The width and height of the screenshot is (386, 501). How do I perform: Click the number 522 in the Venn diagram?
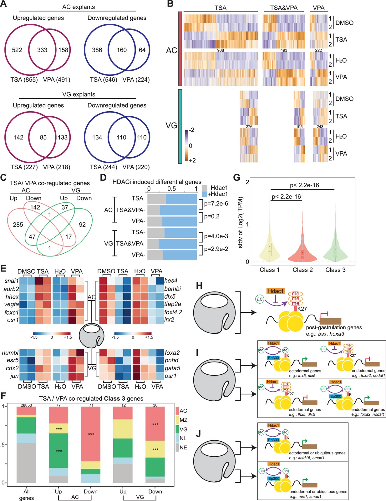tap(17, 50)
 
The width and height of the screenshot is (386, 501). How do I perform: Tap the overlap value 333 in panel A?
tap(42, 50)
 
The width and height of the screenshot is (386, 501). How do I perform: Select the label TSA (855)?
tap(24, 80)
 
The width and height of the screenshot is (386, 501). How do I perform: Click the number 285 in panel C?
tap(18, 224)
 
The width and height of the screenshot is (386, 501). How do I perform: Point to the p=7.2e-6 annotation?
tap(216, 204)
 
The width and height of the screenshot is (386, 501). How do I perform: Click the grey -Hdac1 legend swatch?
tap(205, 188)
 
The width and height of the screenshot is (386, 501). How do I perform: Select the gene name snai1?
tap(12, 281)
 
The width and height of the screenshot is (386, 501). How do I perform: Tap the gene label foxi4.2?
tap(173, 312)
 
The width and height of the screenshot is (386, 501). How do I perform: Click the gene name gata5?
tap(172, 368)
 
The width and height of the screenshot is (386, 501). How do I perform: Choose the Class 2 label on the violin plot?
tap(302, 270)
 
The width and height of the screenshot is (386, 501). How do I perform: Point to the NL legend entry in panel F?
tap(183, 438)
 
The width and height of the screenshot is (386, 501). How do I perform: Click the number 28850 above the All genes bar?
tap(26, 405)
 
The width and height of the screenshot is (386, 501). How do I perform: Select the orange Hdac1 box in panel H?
tap(276, 291)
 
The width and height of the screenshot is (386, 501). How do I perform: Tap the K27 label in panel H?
tap(302, 309)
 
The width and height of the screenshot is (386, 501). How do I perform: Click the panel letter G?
tap(237, 178)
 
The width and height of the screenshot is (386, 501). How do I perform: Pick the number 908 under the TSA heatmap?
tap(221, 50)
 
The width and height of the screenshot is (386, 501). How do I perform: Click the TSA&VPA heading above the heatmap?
tap(283, 8)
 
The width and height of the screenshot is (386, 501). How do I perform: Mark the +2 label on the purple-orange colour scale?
tap(192, 160)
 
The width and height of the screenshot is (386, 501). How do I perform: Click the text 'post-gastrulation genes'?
tap(334, 327)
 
